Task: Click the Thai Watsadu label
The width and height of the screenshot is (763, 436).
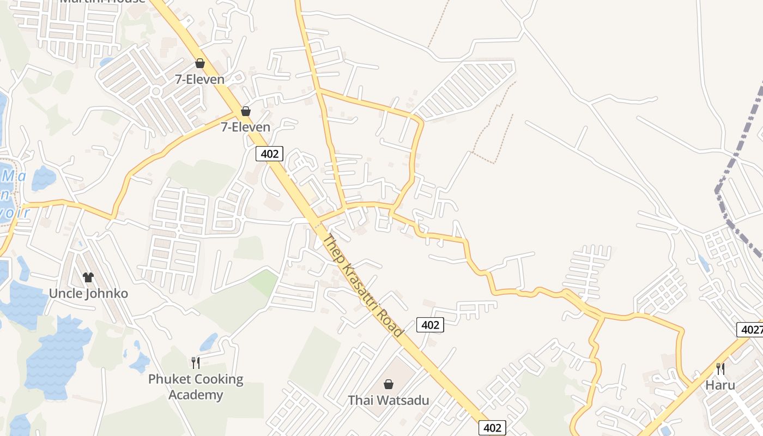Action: coord(389,400)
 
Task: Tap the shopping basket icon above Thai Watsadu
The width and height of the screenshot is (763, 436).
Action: coord(389,385)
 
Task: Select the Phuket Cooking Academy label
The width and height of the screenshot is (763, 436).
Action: coord(196,386)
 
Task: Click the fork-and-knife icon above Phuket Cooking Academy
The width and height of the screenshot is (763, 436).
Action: coord(196,362)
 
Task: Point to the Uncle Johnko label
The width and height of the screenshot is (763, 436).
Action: coord(88,293)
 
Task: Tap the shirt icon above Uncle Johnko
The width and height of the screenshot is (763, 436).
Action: coord(88,277)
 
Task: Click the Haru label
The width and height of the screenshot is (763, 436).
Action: coord(720,385)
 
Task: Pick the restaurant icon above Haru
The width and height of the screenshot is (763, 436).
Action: coord(720,369)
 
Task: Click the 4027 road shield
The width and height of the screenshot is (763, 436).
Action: coord(750,330)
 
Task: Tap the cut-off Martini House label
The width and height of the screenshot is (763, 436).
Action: coord(102,1)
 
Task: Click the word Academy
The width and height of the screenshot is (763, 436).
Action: coord(196,395)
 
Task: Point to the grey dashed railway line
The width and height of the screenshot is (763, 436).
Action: coord(736,163)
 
